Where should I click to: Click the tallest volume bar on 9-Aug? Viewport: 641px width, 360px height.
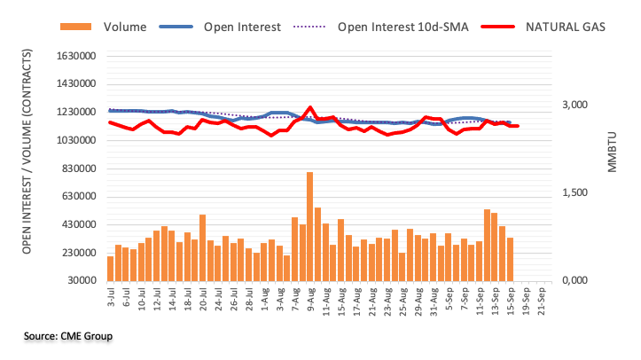[309, 226]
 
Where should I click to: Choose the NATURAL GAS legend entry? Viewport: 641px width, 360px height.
[562, 27]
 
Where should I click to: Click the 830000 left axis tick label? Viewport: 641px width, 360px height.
[74, 168]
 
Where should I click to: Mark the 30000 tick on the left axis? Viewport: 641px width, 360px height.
[77, 281]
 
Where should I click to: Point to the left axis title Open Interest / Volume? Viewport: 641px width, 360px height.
[28, 168]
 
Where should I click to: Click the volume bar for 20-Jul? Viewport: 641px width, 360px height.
[202, 247]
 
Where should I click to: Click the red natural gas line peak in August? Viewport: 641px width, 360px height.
[309, 108]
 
